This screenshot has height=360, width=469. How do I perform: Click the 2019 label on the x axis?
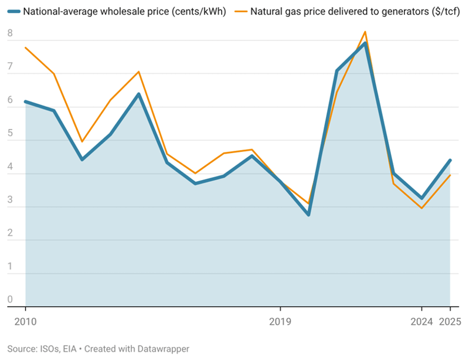280,321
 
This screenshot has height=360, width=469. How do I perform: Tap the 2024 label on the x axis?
421,321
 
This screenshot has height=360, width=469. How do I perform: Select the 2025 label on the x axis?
450,321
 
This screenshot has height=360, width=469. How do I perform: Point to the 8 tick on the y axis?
10,34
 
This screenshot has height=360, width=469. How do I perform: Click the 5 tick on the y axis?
10,134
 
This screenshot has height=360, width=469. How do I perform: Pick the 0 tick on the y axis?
10,300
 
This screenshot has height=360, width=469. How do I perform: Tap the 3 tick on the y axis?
10,201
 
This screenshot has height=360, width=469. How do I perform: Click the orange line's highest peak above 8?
365,32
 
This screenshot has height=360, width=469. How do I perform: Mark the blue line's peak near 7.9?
365,43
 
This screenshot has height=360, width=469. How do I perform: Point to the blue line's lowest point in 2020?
308,215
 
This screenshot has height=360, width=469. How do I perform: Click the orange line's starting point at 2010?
25,47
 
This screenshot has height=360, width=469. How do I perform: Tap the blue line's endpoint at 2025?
450,160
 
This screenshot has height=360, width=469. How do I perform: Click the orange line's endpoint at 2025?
450,175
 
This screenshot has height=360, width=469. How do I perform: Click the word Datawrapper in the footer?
162,348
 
